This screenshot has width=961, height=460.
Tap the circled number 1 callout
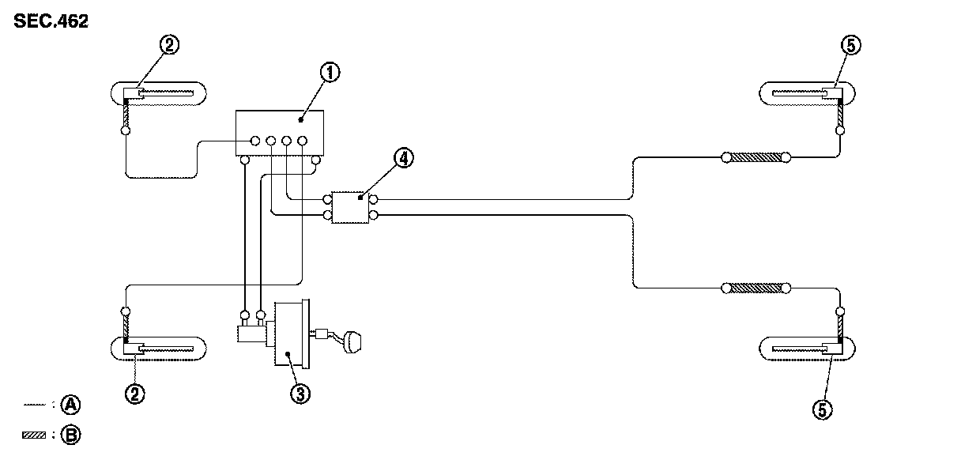[330, 73]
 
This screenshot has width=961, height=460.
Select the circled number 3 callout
[298, 394]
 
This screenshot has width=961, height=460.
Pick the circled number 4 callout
[403, 158]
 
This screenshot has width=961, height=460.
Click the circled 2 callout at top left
[168, 45]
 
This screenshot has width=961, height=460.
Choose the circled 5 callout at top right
[850, 45]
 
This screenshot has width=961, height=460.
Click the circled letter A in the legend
[72, 405]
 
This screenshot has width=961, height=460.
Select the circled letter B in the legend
[72, 434]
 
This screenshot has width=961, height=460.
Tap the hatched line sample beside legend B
[35, 434]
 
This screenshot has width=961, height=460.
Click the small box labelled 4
[350, 206]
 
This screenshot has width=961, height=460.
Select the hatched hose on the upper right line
[755, 158]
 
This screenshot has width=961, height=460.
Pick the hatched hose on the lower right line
[755, 288]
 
